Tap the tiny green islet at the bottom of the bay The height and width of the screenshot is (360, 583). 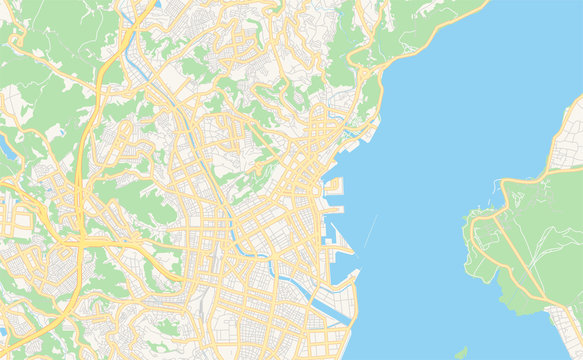pyautogui.click(x=460, y=352)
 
